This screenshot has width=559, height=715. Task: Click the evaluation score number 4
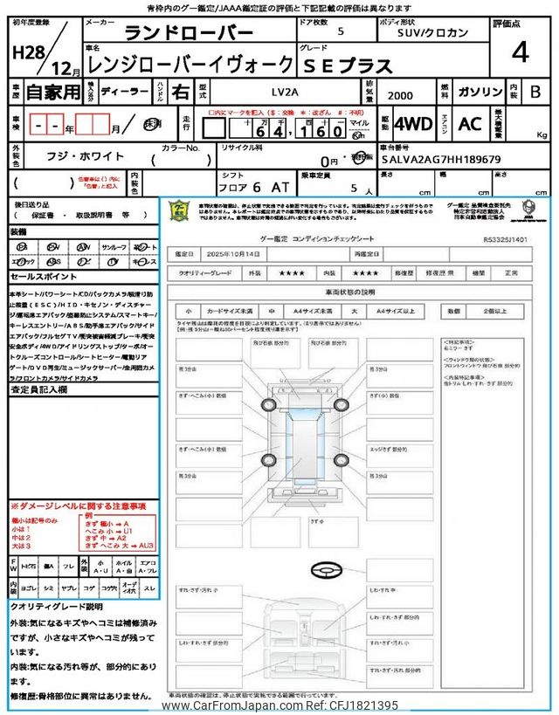pos(521,52)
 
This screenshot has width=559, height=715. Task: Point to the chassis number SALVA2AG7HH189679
pos(440,160)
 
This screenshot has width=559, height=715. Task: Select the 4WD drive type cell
pos(413,124)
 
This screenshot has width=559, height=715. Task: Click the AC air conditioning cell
pos(470,124)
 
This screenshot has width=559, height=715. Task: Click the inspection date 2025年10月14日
pos(237,254)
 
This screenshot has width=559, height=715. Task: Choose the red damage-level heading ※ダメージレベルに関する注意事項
pos(78,506)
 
